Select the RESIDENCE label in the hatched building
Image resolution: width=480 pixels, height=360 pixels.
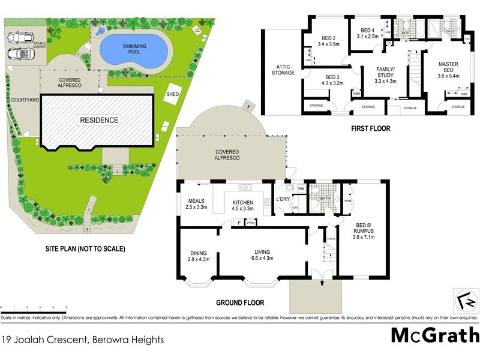[99, 120]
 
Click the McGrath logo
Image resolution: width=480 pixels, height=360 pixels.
[435, 335]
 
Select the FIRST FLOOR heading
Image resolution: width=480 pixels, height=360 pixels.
[370, 128]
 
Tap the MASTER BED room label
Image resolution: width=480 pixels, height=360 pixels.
[449, 68]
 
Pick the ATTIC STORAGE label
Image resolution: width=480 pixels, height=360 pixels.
[283, 70]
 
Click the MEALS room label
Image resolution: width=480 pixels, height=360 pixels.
[197, 204]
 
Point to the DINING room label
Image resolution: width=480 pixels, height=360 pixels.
[199, 256]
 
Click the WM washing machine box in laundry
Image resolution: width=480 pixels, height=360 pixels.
[301, 188]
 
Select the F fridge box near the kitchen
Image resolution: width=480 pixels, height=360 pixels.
[239, 223]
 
